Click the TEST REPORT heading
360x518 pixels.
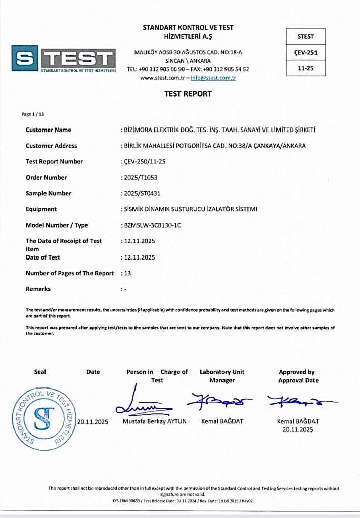[188, 94]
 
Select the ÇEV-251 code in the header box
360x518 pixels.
[306, 52]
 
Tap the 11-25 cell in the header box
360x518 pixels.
[306, 68]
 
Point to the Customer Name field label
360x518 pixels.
[49, 130]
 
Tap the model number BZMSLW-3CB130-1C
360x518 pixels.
[152, 225]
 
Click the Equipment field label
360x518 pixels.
[41, 209]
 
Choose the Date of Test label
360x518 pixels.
[42, 257]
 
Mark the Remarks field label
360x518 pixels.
[38, 289]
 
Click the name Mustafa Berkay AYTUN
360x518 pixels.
[155, 421]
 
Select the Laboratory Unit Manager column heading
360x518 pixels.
[222, 376]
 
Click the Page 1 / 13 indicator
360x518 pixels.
[34, 114]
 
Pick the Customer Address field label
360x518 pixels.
[51, 146]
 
